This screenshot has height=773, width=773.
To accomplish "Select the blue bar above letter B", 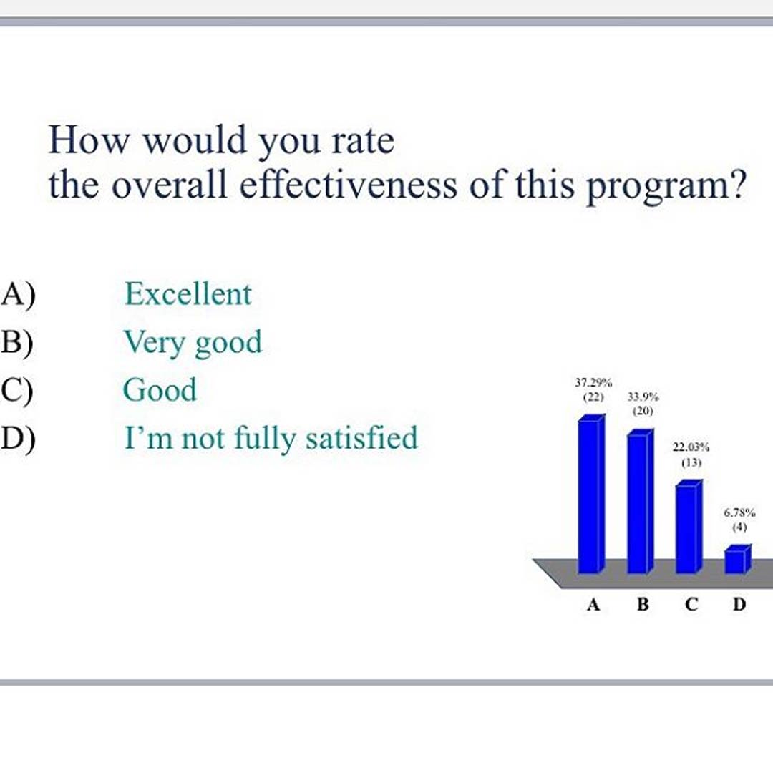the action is tap(641, 501).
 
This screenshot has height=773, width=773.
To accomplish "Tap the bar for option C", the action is tap(689, 527).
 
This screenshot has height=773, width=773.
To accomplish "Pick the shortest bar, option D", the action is tap(738, 559).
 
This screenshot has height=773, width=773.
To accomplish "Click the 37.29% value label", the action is tap(593, 382).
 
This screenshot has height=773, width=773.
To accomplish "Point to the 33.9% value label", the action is tap(643, 397).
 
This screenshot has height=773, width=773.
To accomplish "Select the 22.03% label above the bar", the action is tap(691, 447).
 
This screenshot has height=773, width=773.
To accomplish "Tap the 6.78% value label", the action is tap(739, 512).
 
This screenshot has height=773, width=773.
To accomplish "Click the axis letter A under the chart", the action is tap(593, 604).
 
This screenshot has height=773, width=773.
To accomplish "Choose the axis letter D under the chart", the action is tap(739, 604).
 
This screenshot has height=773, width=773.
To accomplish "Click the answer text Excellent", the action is tap(188, 294).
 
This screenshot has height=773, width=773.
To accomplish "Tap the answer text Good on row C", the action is tap(160, 389).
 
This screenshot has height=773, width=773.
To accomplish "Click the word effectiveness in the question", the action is tap(349, 185).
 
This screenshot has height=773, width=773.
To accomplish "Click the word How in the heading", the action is tap(89, 140).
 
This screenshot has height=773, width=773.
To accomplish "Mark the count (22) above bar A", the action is tap(593, 397).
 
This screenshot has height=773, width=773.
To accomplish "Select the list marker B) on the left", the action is tap(17, 341).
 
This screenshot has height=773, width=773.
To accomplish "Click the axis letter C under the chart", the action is tap(691, 604).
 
